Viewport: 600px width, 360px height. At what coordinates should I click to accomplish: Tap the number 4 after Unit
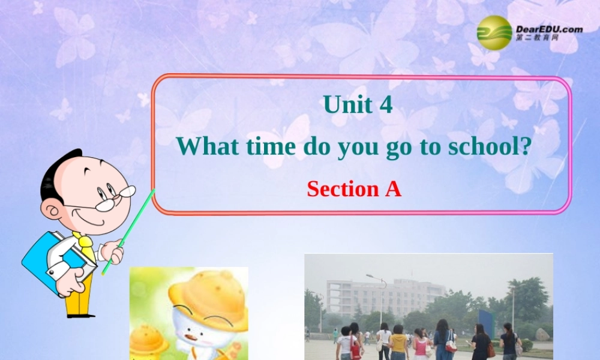click(386, 105)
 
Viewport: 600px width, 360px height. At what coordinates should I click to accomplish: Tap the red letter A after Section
click(392, 189)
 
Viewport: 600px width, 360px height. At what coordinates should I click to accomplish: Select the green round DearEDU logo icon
click(494, 32)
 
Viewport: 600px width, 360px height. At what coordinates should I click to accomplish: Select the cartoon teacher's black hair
click(57, 171)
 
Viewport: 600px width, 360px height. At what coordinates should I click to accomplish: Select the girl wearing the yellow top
click(398, 344)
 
